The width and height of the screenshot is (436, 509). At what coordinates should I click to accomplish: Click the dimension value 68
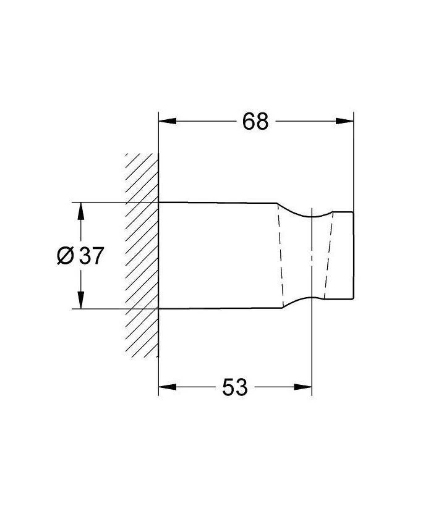255,122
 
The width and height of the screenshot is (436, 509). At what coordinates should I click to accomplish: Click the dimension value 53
235,387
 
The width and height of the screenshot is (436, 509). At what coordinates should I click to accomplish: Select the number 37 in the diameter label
92,256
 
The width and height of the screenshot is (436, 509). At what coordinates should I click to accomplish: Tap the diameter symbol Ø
66,256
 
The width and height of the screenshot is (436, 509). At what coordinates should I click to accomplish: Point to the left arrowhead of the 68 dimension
168,121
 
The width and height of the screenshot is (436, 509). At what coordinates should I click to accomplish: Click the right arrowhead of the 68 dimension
344,121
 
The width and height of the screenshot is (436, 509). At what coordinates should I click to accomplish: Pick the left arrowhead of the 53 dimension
168,387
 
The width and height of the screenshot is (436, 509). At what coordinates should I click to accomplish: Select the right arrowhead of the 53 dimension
303,387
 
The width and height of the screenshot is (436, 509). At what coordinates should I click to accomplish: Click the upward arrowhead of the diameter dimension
81,211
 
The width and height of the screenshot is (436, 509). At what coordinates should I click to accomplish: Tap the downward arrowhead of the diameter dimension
81,300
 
